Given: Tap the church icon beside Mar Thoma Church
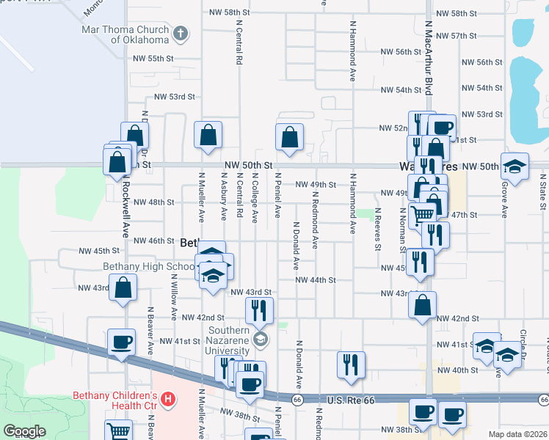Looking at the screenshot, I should coord(181,33).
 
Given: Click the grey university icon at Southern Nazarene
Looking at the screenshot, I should coord(260,339).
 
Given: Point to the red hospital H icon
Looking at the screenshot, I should coord(168,399).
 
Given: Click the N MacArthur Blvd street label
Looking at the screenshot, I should coord(427,59).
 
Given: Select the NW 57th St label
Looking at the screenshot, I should coord(456,35).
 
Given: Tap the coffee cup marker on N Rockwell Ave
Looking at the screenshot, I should coord(121,341).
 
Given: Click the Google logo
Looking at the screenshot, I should coord(24,431).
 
